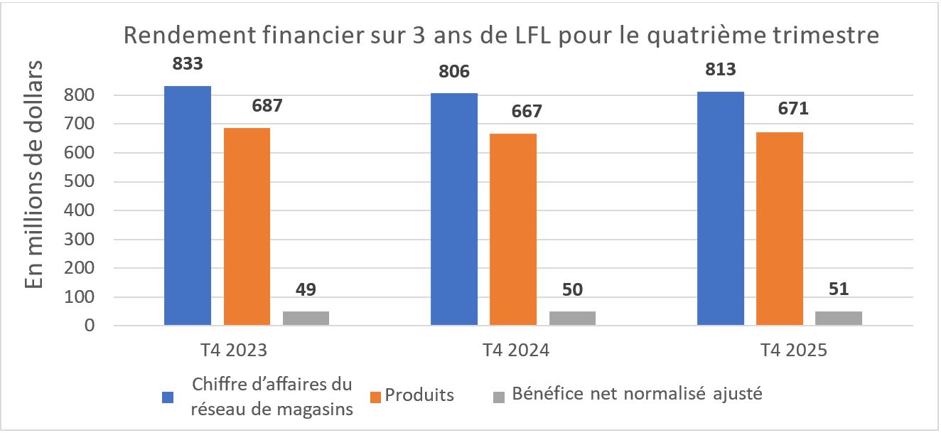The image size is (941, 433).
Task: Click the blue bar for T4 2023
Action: (x=188, y=206)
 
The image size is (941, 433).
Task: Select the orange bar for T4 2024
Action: (x=513, y=230)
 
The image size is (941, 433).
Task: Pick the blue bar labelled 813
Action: (x=721, y=209)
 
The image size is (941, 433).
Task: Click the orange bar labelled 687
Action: (x=247, y=227)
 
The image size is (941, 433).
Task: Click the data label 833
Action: (x=188, y=63)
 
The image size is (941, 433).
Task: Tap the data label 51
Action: (x=839, y=289)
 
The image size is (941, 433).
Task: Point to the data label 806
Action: (x=455, y=71)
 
